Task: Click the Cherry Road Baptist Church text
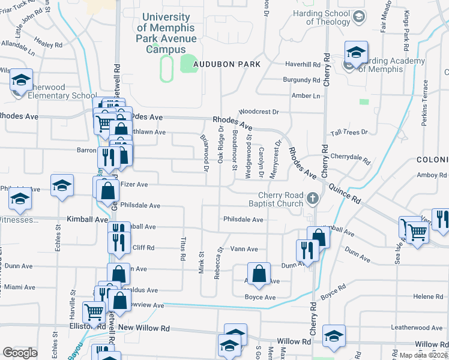[x=280, y=199]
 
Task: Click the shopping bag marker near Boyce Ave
[x=258, y=274]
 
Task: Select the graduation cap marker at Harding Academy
[x=356, y=53]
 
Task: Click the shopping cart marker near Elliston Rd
[x=94, y=312]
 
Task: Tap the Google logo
[x=20, y=353]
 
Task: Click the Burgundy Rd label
[x=301, y=80]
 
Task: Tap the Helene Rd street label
[x=427, y=296]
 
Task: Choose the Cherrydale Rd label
[x=350, y=156]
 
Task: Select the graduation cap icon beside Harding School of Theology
[x=359, y=16]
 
